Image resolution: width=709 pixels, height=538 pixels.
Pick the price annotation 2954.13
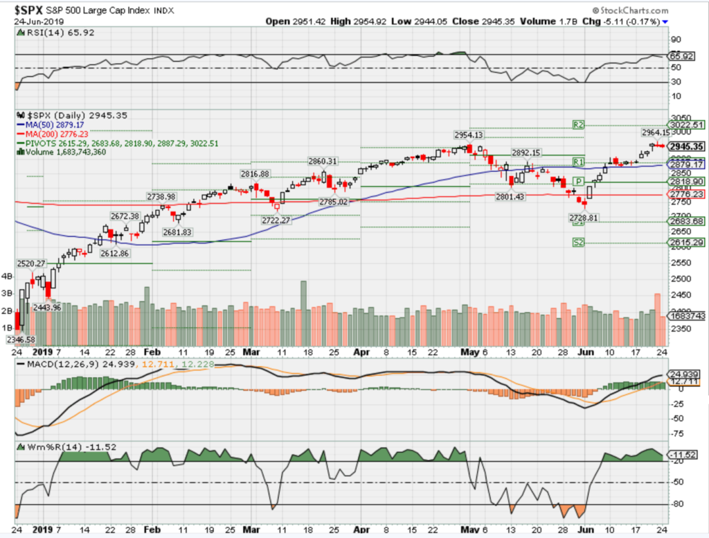click(469, 134)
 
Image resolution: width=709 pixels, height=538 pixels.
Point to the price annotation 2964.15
click(654, 132)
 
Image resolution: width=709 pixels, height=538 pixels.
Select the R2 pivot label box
click(579, 125)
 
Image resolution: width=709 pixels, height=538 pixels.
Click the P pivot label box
click(584, 181)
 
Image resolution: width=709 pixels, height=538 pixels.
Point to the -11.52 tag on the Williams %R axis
click(685, 455)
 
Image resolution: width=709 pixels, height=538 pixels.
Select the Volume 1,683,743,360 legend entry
click(68, 152)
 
